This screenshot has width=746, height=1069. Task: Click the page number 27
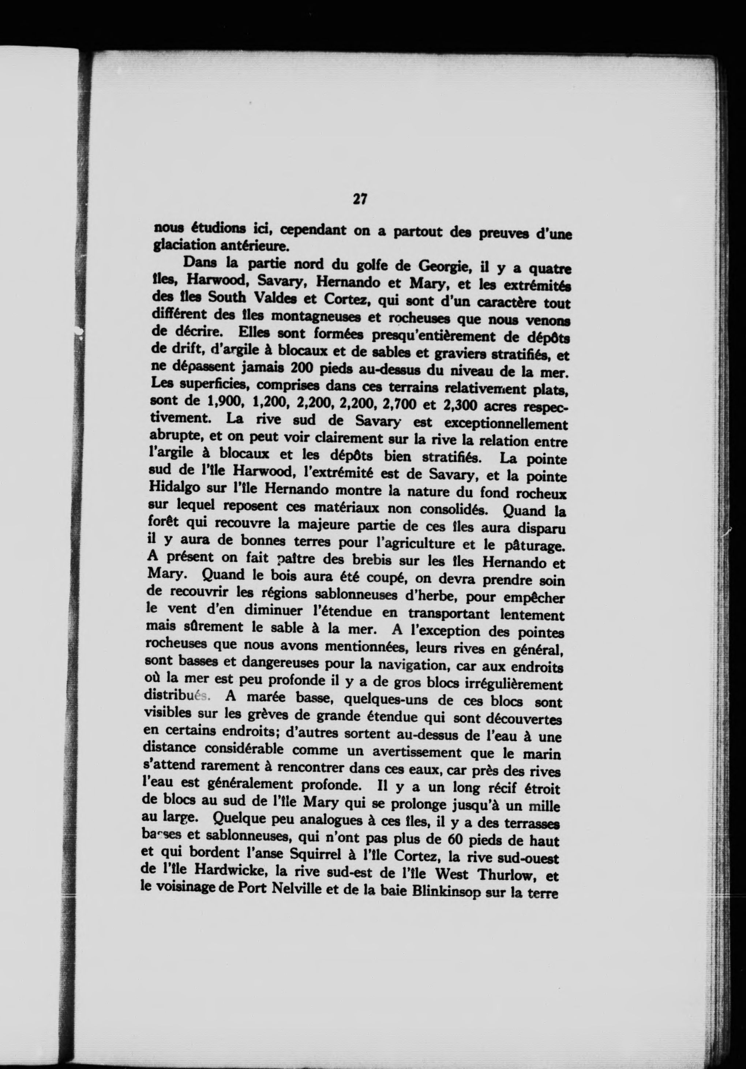360,200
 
